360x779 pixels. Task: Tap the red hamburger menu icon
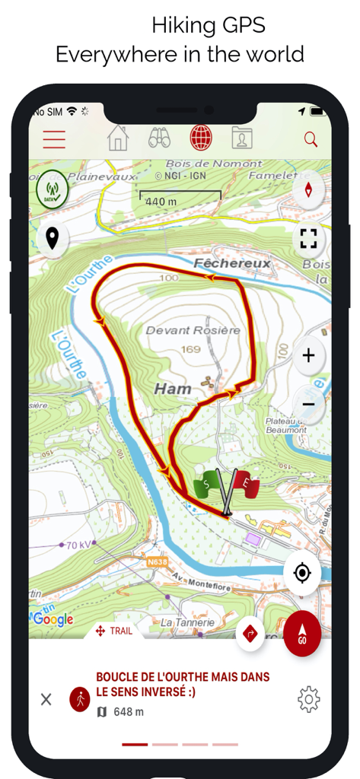[x=54, y=139]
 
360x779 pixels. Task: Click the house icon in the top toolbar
[x=118, y=138]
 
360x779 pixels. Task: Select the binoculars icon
[x=159, y=138]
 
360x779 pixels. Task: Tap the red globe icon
[x=201, y=138]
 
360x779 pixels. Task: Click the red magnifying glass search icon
[x=311, y=139]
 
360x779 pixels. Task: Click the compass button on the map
[x=308, y=189]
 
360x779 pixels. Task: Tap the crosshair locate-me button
[x=301, y=572]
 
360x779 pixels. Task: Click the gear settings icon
[x=309, y=698]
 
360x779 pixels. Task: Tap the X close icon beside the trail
[x=46, y=699]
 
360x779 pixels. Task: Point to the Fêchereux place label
[x=221, y=263]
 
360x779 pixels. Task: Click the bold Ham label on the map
[x=173, y=389]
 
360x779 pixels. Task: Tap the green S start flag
[x=206, y=485]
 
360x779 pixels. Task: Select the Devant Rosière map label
[x=193, y=330]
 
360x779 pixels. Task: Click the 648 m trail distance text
[x=128, y=712]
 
